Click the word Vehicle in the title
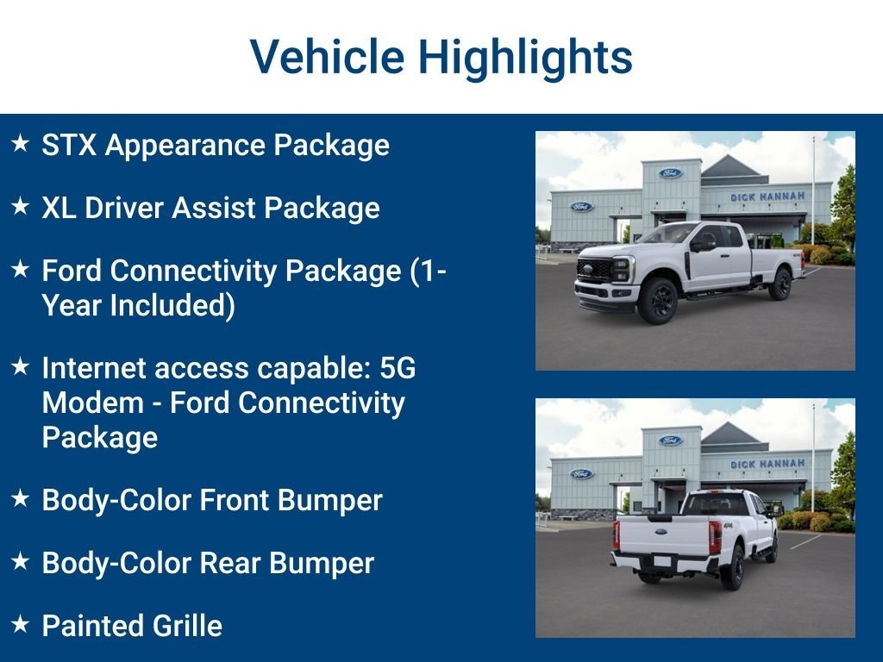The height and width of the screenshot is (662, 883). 327,56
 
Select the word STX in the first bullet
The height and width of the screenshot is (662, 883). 69,145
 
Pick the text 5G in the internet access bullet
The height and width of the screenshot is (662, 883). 398,368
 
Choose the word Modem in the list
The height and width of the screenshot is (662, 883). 93,403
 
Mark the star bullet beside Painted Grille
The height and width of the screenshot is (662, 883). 21,623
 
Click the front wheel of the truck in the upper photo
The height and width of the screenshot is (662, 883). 658,300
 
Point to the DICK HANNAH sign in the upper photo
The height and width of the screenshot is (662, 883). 767,197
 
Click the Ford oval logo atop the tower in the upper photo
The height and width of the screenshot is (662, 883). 670,172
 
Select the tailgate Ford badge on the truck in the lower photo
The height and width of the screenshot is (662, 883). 661,531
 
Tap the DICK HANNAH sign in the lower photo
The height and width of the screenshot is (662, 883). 767,464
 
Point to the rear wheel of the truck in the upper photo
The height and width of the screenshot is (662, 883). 780,284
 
